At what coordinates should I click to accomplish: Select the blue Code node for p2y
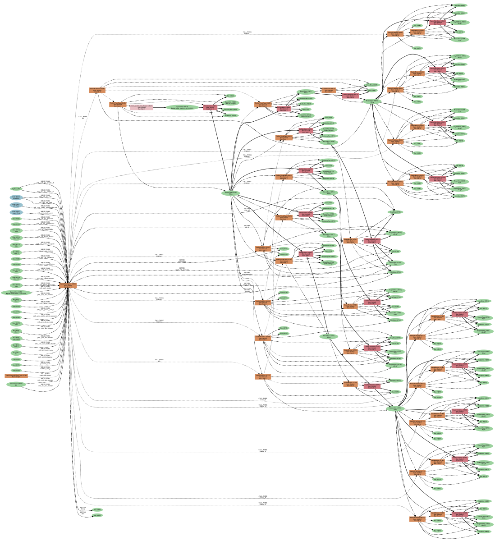[x=16, y=205]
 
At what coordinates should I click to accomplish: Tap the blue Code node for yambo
[x=16, y=212]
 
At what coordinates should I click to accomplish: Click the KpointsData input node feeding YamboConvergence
[x=16, y=293]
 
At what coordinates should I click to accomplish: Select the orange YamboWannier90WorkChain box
[x=16, y=376]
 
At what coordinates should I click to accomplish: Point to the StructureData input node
[x=16, y=384]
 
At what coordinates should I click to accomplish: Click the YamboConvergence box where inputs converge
[x=68, y=285]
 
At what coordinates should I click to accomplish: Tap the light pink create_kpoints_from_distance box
[x=142, y=107]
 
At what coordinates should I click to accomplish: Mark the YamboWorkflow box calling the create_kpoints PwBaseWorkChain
[x=97, y=90]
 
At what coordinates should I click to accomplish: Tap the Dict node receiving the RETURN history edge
[x=97, y=510]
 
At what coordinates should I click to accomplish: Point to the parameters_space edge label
[x=45, y=362]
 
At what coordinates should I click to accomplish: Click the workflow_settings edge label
[x=45, y=367]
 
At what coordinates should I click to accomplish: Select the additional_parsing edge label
[x=45, y=356]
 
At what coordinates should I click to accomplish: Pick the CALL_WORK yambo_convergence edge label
[x=45, y=374]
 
